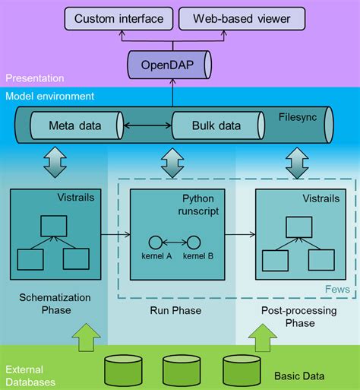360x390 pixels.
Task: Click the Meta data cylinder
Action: pyautogui.click(x=75, y=125)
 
